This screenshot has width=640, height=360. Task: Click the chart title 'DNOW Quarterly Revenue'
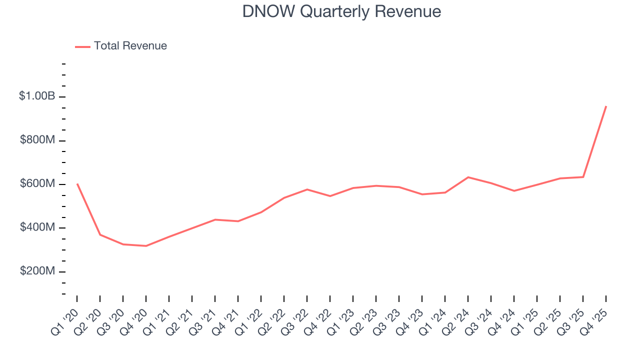[341, 11]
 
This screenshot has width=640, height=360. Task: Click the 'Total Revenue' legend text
[130, 46]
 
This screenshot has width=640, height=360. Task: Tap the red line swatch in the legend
[82, 46]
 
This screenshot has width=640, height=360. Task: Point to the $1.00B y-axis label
[37, 96]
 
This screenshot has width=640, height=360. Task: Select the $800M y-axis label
[37, 140]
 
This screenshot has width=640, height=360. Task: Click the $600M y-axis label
[37, 184]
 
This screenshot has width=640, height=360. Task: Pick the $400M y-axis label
[37, 227]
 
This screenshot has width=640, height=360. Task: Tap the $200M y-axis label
[37, 271]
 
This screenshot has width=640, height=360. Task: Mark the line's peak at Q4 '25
[606, 106]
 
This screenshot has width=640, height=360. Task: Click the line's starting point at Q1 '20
[77, 184]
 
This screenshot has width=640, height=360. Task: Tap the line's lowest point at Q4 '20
[146, 246]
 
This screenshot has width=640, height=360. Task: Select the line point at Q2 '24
[468, 177]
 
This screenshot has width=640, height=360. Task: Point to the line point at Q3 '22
[307, 189]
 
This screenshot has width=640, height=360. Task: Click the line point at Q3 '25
[583, 177]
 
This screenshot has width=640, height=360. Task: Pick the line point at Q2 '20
[100, 235]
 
